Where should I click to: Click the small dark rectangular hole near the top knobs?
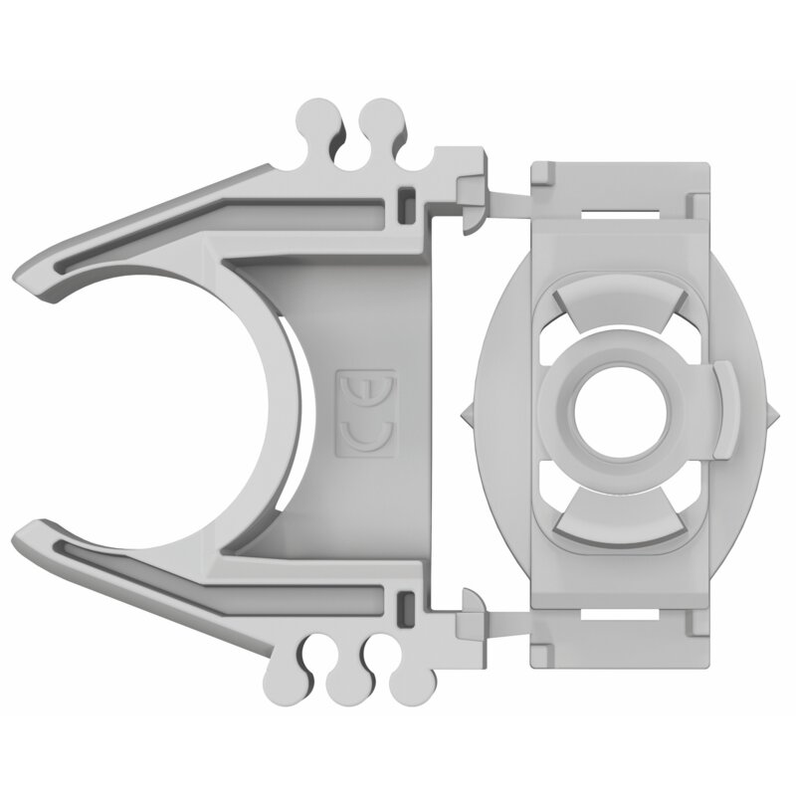[404, 203]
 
